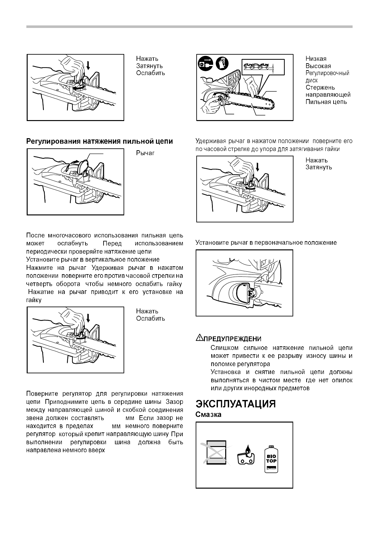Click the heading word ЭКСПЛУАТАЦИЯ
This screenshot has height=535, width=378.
(x=235, y=404)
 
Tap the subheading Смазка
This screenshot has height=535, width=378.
(x=208, y=415)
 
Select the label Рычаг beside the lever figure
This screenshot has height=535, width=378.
(x=145, y=153)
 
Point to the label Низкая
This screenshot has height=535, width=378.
(x=316, y=59)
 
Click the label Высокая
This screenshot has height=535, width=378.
(x=318, y=66)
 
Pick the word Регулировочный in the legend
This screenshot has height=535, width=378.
(x=327, y=73)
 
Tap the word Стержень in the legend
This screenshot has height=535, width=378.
(x=320, y=87)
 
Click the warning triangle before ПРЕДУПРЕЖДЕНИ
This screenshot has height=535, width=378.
(x=199, y=338)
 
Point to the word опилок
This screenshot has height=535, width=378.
(x=342, y=380)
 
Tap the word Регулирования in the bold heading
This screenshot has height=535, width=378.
(x=52, y=141)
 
